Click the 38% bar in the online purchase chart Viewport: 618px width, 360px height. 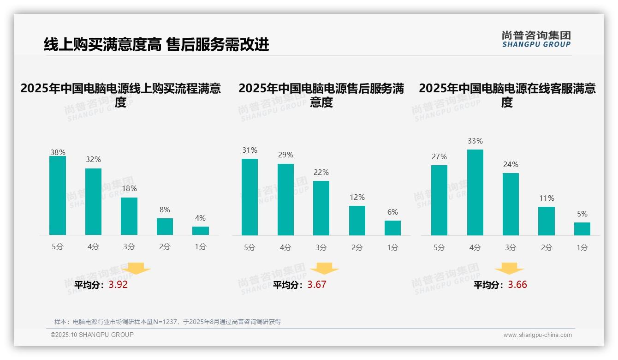(58, 196)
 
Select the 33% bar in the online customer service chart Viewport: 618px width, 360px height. (475, 192)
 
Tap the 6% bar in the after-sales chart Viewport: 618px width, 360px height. (392, 228)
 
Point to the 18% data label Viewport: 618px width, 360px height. (129, 189)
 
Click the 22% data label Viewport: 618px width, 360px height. (321, 173)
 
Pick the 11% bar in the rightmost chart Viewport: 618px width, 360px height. (547, 221)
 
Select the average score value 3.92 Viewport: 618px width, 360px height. (118, 285)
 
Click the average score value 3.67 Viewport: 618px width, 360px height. (317, 285)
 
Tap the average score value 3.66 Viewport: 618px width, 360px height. (517, 285)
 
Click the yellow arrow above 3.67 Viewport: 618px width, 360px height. (324, 269)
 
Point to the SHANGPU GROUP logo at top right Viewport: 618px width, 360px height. (536, 39)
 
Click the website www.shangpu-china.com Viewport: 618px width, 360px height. (537, 335)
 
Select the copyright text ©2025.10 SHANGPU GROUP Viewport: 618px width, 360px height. (92, 335)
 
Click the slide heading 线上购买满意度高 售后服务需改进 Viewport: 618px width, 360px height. (156, 45)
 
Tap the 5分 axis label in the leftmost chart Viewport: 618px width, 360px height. (58, 247)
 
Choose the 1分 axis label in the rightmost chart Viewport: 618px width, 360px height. (582, 248)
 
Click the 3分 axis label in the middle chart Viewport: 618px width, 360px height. (321, 248)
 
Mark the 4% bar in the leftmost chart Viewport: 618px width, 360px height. (201, 231)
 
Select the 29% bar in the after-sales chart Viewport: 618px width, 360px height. (285, 200)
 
